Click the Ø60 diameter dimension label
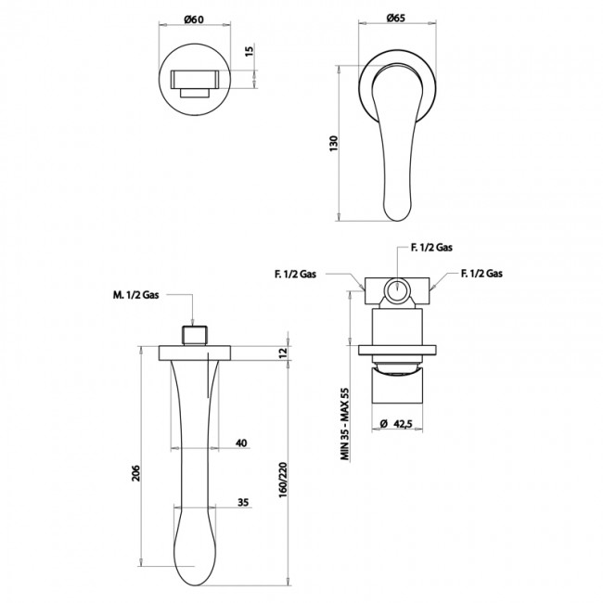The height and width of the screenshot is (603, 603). point(194,19)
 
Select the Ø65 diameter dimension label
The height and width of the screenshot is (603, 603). point(396,18)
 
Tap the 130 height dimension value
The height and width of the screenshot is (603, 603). point(333,144)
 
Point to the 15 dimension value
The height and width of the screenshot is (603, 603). point(250,51)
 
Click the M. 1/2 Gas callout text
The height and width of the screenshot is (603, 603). point(135,295)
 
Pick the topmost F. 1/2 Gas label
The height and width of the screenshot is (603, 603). point(431,248)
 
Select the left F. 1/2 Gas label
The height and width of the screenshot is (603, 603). point(295,274)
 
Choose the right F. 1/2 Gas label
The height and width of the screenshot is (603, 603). point(481,274)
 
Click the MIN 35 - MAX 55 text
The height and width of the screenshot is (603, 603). point(344,424)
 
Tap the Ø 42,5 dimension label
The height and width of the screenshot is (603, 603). point(396,423)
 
